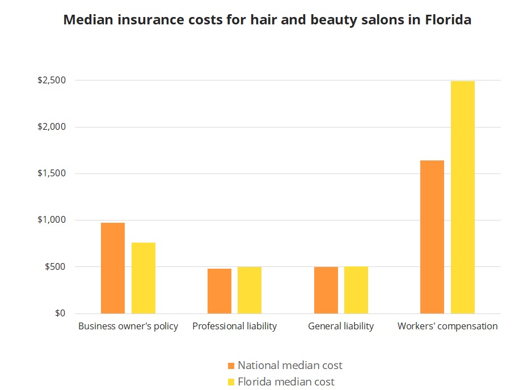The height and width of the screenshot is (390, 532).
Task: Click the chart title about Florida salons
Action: (x=267, y=20)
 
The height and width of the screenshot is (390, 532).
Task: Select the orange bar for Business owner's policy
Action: (x=113, y=268)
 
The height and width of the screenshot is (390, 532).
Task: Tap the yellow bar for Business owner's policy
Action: (x=143, y=278)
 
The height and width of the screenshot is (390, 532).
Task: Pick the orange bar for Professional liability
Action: (x=219, y=291)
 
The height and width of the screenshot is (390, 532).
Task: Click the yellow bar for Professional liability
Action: (x=250, y=290)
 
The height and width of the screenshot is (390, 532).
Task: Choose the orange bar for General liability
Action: (x=326, y=290)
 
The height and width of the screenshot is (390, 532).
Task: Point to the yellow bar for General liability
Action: (x=356, y=290)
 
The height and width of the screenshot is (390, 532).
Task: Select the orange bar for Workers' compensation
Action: (x=432, y=237)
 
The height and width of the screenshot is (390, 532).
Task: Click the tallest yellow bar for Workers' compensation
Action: (x=463, y=197)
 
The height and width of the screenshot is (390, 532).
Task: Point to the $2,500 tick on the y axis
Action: (x=52, y=80)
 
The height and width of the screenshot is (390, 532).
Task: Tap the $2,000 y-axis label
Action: (x=52, y=127)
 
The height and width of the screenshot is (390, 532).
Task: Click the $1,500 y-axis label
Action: (x=52, y=173)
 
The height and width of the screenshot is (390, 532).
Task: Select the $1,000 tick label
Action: (x=52, y=220)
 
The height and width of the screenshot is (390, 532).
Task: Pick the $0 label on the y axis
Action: (x=60, y=313)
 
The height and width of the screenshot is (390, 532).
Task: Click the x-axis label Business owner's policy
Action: (x=128, y=327)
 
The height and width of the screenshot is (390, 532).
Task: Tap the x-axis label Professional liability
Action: (x=235, y=327)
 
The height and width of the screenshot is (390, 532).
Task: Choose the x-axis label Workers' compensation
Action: (x=447, y=327)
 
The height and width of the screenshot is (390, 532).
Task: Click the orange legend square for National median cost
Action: (x=230, y=366)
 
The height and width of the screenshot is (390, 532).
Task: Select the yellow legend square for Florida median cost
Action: (x=230, y=382)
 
